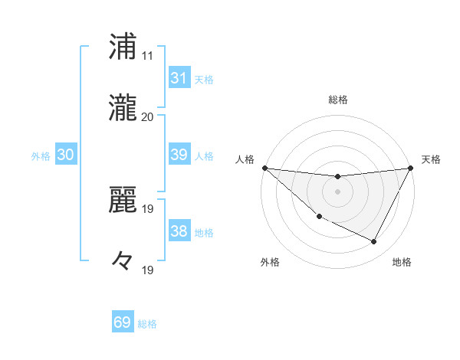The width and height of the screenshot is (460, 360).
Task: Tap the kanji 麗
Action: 123,200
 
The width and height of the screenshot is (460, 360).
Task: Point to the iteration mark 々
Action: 122,260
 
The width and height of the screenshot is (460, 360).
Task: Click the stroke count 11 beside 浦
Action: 147,56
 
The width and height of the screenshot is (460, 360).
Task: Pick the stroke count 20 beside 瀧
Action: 147,117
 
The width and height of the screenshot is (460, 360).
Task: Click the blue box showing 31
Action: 179,78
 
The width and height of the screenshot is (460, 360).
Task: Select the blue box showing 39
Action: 179,155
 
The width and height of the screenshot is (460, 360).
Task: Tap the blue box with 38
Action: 179,231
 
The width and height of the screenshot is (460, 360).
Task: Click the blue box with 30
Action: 66,155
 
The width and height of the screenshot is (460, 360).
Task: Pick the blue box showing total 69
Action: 123,322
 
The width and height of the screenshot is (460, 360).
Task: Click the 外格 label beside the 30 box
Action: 41,156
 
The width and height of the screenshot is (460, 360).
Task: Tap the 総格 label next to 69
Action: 147,324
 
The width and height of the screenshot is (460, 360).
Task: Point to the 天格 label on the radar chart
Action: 432,159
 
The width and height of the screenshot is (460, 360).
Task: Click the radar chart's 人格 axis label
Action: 245,159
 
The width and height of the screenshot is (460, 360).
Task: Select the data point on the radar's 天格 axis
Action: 412,168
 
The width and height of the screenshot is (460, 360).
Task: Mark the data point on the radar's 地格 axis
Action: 374,242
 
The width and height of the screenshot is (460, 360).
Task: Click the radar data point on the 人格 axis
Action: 264,168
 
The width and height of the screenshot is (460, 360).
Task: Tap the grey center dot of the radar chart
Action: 338,191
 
